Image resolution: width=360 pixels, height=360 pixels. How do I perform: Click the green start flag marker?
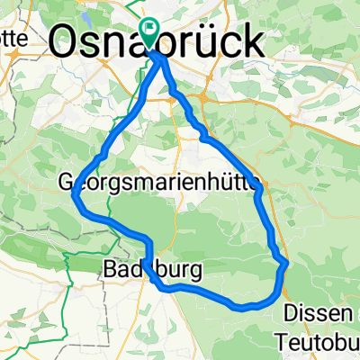148,32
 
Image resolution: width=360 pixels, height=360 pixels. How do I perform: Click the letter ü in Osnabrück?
213,40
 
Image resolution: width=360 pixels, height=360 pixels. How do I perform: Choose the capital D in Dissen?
292,312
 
